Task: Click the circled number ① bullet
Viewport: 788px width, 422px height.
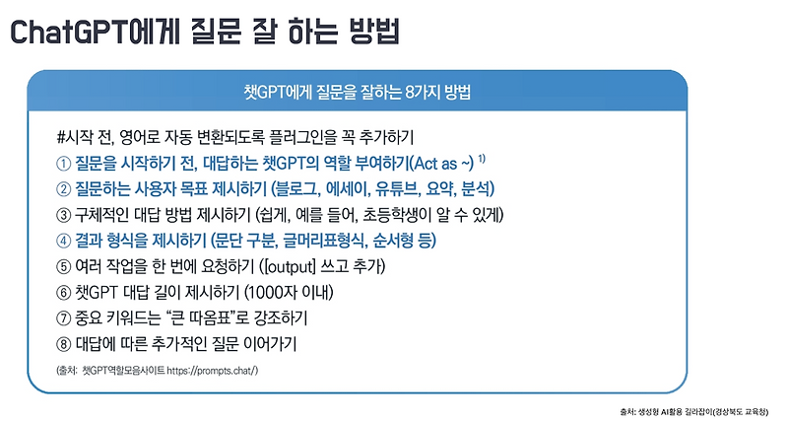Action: (64, 162)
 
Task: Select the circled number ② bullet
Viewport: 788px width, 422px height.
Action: (64, 188)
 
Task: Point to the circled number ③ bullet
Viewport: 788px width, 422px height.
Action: (64, 214)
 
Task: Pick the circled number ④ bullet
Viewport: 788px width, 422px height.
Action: (64, 240)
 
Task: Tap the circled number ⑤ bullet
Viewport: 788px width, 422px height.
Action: (64, 266)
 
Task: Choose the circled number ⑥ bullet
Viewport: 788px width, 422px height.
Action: (64, 293)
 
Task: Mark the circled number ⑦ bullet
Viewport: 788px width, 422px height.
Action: (64, 318)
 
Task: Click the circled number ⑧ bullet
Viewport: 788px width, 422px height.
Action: (64, 345)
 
